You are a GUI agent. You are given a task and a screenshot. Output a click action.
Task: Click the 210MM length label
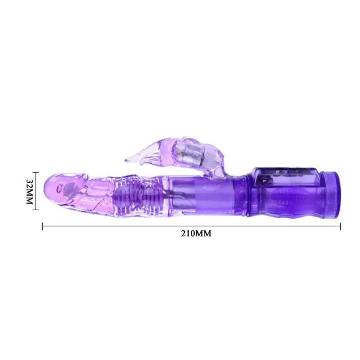196,234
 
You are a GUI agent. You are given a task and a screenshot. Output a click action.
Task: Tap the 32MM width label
30,191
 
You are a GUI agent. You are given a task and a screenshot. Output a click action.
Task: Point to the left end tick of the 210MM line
43,226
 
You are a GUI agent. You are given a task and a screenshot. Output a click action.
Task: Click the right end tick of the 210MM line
341,226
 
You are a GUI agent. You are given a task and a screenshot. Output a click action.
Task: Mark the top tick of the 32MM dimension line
36,172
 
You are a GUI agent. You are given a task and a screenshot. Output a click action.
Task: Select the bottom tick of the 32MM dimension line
36,210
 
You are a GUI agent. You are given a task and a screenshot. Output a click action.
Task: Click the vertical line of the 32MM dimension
36,191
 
